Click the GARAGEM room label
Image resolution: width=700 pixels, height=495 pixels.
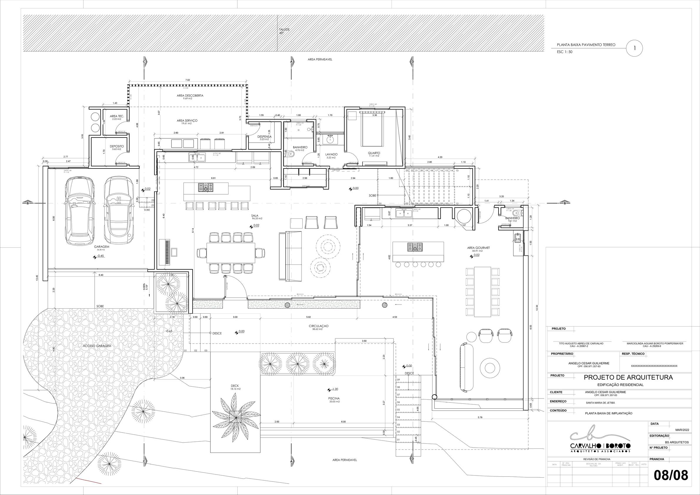coord(101,246)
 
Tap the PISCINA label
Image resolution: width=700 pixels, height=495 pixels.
coord(334,398)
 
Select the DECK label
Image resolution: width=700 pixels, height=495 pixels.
coord(235,386)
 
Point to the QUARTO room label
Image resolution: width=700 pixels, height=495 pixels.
coord(374,153)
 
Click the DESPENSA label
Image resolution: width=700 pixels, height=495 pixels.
coord(264,137)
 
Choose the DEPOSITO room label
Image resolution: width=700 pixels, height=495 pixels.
coord(117,146)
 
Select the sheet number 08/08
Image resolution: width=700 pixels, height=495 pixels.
coord(671,476)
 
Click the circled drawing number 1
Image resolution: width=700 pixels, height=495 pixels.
coord(634,48)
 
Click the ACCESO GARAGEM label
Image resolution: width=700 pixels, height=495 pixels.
coord(97,346)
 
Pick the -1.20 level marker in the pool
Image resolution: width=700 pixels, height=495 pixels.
coord(334,389)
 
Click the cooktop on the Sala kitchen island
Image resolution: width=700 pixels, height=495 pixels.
coord(206,187)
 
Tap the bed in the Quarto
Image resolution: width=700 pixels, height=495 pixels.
coord(372,129)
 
